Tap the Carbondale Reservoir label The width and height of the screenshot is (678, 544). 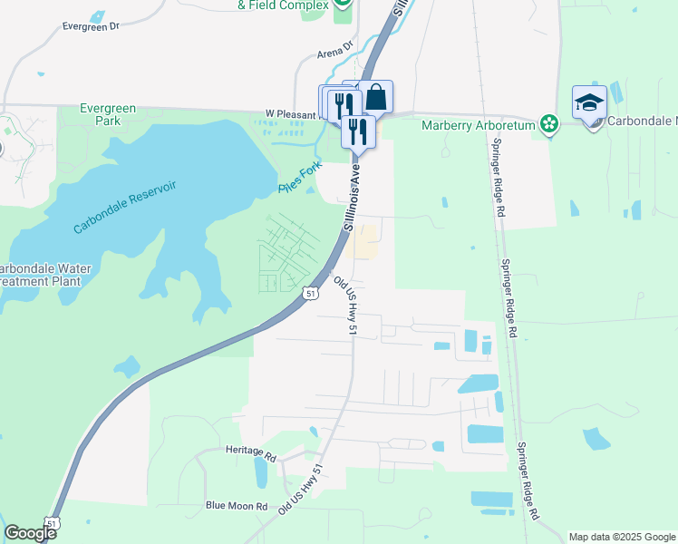pos(125,208)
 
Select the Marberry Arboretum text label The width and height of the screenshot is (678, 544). pos(479,124)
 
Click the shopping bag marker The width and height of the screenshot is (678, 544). pos(376,95)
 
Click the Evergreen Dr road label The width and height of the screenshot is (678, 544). pos(91,26)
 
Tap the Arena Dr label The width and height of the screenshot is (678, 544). pos(334,54)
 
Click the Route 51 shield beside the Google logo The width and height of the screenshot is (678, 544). pos(52,523)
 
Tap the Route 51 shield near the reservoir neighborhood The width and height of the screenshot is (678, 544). pos(311,294)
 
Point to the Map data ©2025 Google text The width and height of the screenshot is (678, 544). pos(622,537)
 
